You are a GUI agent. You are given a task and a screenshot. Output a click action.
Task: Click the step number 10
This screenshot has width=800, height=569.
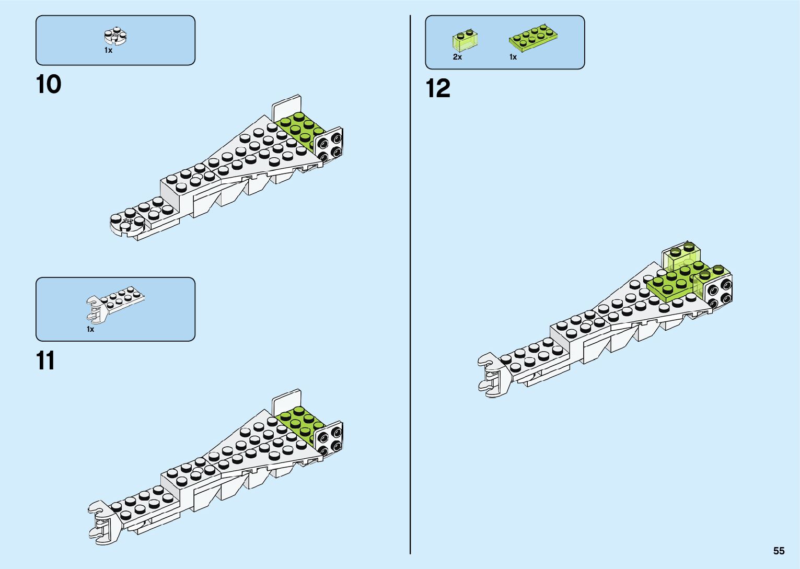(49, 85)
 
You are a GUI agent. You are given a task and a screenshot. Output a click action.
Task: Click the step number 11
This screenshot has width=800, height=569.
(45, 361)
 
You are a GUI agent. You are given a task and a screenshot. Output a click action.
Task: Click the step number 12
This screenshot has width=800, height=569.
(438, 88)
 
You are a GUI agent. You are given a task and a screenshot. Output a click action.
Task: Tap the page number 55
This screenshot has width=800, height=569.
(779, 551)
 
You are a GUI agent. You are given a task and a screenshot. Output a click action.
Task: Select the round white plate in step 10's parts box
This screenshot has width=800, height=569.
(115, 37)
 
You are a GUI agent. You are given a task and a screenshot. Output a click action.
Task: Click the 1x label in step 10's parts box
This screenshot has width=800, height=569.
(108, 51)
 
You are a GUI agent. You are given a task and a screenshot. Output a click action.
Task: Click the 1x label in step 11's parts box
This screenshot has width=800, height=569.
(90, 329)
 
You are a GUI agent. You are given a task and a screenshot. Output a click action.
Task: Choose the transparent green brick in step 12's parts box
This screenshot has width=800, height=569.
(465, 40)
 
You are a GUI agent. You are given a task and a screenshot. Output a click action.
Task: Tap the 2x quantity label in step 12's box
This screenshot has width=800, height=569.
(457, 57)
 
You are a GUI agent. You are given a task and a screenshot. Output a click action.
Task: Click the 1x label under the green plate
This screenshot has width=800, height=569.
(513, 57)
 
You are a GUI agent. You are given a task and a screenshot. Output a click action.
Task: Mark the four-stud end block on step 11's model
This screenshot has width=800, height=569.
(329, 438)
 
